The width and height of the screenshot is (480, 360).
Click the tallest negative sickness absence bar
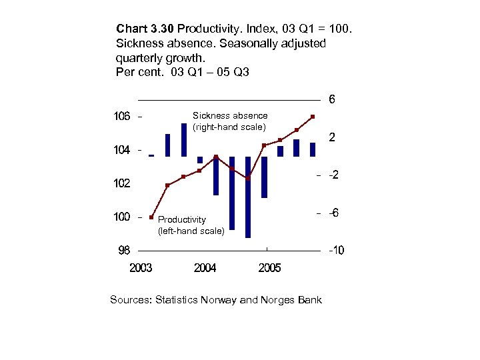point(248,197)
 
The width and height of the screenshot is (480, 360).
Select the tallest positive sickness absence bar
point(184,139)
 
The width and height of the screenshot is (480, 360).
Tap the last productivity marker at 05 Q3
point(313,117)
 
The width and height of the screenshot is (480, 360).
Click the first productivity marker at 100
point(151,217)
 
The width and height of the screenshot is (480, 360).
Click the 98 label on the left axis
point(124,251)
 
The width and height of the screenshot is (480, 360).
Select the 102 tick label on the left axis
point(121,183)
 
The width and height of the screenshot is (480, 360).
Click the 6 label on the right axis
point(332,101)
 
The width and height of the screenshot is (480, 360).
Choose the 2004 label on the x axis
point(205,268)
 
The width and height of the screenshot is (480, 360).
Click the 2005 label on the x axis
point(269,268)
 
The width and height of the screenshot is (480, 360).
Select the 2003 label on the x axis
point(141,268)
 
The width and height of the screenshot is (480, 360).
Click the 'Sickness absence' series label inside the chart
point(229,115)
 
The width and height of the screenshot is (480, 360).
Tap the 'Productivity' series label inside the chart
point(182,219)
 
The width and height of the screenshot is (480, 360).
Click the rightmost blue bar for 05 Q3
point(313,149)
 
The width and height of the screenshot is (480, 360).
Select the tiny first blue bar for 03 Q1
point(151,155)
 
